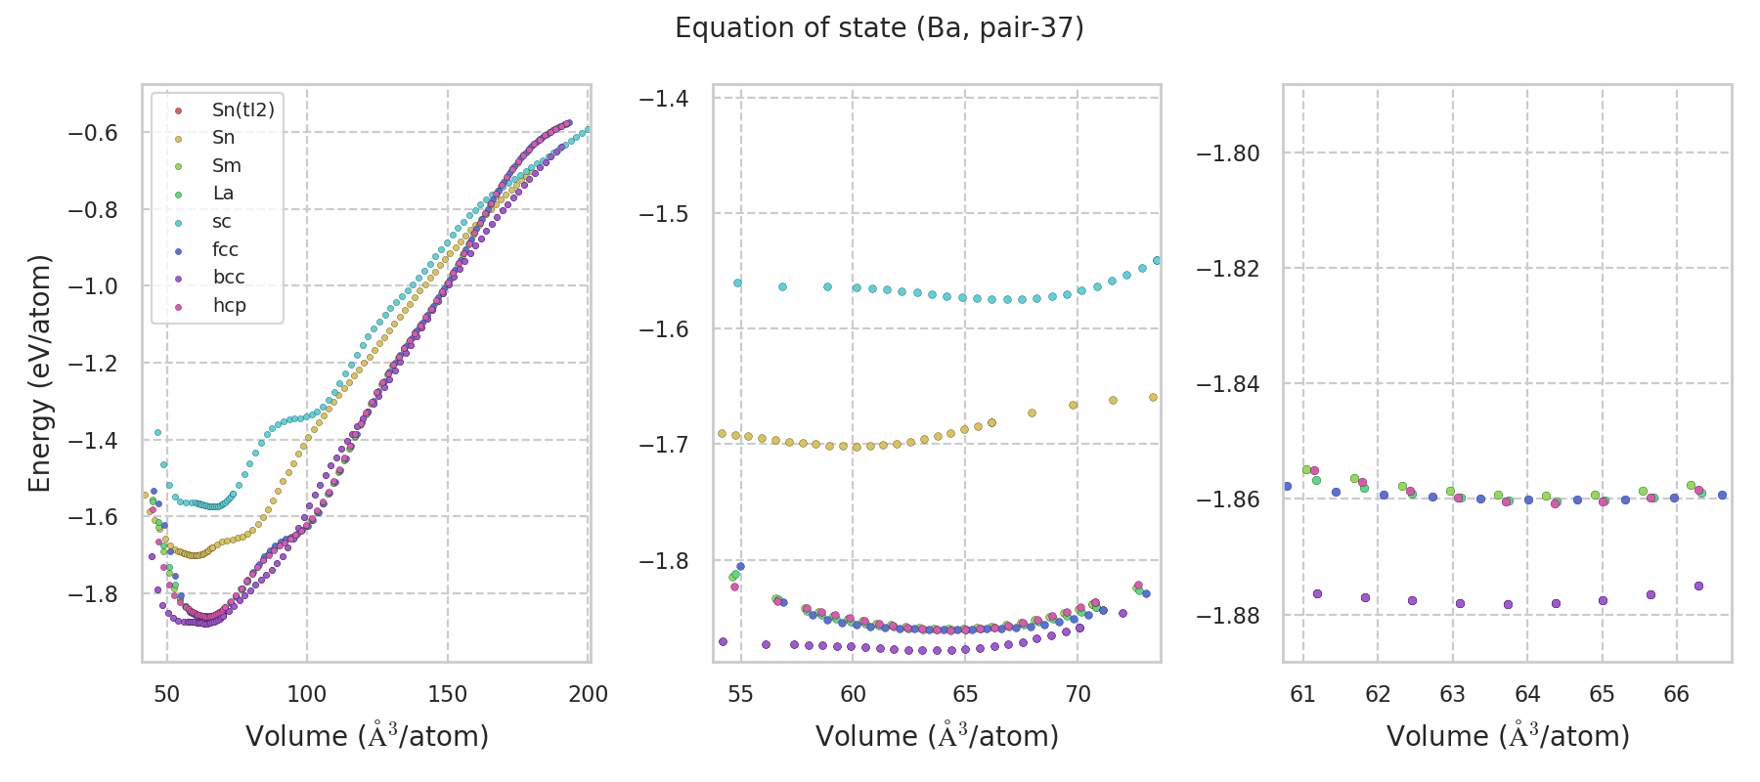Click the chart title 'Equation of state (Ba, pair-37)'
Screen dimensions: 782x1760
tap(879, 28)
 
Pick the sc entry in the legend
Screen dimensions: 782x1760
tap(222, 222)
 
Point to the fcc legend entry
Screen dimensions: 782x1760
tap(225, 250)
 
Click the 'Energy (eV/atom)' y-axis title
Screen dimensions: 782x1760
tap(39, 372)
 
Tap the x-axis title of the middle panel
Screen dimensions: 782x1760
tap(937, 736)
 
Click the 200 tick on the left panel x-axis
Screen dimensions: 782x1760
tap(588, 694)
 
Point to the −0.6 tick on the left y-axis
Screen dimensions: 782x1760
tap(92, 133)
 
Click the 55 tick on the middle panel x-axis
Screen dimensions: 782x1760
tap(741, 694)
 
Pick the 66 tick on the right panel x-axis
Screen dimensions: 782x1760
tap(1676, 694)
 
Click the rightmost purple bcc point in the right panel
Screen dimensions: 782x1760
tap(1698, 586)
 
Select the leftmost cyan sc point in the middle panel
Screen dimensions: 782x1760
tap(737, 282)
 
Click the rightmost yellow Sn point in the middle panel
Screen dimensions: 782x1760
tap(1153, 397)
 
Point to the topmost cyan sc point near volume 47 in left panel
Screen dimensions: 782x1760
tap(157, 432)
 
